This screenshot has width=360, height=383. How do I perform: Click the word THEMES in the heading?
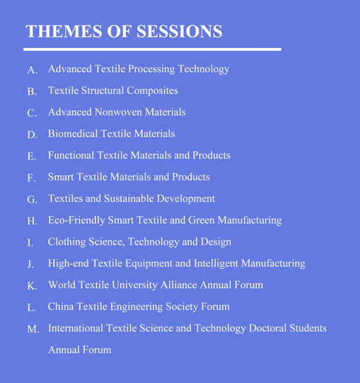(64, 31)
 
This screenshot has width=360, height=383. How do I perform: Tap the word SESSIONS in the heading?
(180, 31)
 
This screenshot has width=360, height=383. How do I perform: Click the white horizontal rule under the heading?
(152, 49)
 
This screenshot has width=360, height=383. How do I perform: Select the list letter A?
(33, 70)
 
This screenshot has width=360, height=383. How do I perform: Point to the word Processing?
(151, 69)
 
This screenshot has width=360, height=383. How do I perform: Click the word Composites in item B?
(152, 91)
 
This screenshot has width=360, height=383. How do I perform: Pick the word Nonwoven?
(118, 112)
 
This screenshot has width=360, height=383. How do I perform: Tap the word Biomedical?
(73, 134)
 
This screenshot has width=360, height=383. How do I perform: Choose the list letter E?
(32, 156)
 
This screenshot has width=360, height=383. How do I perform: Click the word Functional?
(71, 155)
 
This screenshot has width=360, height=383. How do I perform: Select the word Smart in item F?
(61, 177)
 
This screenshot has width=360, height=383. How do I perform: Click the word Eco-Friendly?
(76, 220)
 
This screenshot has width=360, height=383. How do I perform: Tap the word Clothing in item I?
(67, 242)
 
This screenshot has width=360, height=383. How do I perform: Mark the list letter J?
(30, 264)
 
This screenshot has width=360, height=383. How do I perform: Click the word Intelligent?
(216, 264)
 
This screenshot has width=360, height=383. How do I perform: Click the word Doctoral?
(267, 328)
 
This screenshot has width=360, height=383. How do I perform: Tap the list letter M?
(33, 329)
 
